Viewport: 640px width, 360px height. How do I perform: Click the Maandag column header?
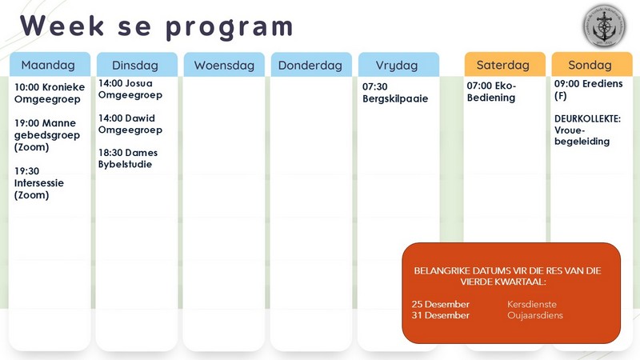click(x=48, y=65)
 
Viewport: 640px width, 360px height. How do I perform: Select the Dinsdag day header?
click(x=135, y=65)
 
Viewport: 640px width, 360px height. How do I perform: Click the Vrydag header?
click(x=398, y=65)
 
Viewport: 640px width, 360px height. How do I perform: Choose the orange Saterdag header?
click(x=504, y=65)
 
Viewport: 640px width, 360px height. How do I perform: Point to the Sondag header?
click(x=590, y=65)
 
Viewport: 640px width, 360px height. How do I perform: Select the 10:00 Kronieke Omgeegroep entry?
click(x=50, y=93)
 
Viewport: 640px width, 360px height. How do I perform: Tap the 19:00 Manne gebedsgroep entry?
click(x=46, y=134)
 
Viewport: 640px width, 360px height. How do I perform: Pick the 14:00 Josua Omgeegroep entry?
click(x=130, y=89)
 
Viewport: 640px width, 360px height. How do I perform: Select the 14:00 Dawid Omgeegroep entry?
click(x=130, y=123)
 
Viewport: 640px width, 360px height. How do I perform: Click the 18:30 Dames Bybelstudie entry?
click(x=128, y=158)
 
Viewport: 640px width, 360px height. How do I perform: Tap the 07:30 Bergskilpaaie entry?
click(x=395, y=93)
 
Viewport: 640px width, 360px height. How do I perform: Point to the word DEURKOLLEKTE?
click(x=587, y=118)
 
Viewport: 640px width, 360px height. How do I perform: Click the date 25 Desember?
click(x=441, y=304)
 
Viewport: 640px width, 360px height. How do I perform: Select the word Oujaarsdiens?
click(x=535, y=315)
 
